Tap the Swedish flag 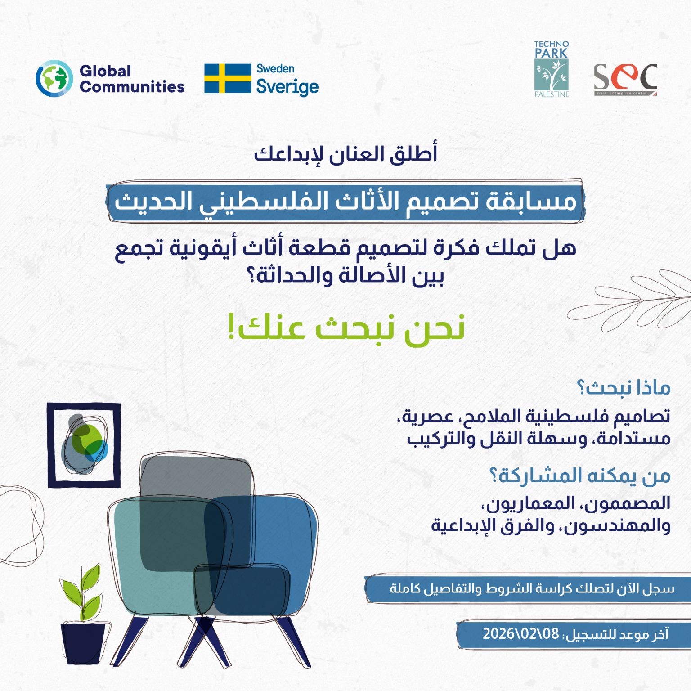point(228,78)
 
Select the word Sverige point(287,86)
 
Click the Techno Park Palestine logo point(552,69)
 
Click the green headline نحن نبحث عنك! point(345,328)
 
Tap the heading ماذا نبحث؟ point(624,388)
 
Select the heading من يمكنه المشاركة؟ point(580,476)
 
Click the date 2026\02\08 point(520,634)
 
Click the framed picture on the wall point(84,445)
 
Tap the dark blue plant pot point(83,642)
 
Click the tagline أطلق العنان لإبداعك point(345,154)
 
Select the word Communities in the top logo point(132,86)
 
